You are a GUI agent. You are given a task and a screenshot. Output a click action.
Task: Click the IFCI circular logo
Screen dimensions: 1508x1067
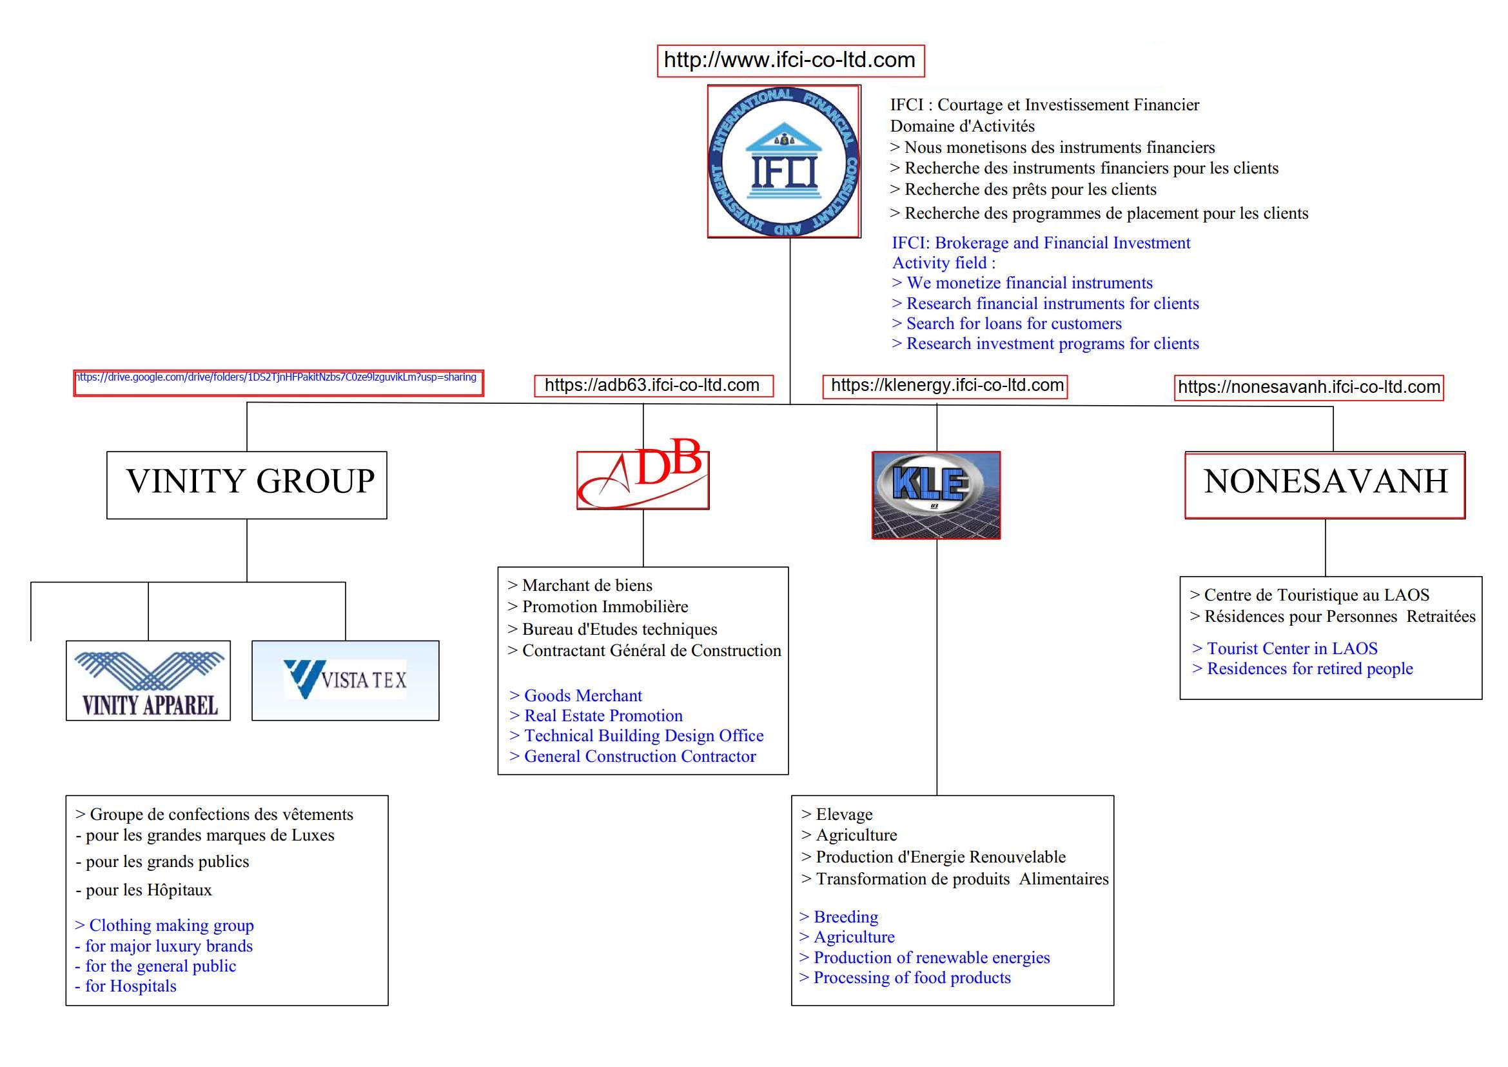click(x=783, y=162)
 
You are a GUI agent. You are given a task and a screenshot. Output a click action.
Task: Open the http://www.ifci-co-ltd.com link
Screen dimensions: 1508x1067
click(x=790, y=61)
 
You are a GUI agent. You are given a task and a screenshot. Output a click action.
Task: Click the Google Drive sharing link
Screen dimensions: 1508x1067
click(x=279, y=383)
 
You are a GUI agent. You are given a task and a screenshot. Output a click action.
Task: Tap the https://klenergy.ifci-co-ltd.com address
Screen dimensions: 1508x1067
click(x=946, y=386)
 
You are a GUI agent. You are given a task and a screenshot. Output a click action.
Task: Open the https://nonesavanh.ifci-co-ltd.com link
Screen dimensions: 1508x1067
click(x=1309, y=387)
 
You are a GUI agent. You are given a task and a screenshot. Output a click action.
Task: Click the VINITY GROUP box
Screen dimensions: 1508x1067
click(x=247, y=485)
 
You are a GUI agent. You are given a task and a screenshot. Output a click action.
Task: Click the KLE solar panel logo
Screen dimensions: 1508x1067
click(x=936, y=495)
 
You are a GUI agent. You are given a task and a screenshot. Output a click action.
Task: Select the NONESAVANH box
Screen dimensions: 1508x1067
click(x=1326, y=485)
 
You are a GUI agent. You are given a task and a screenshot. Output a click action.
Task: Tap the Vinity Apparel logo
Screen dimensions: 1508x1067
click(x=148, y=681)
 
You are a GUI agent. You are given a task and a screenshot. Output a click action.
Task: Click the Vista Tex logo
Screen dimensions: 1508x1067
click(x=346, y=681)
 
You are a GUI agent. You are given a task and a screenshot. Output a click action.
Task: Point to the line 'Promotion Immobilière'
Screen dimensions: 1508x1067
click(x=598, y=606)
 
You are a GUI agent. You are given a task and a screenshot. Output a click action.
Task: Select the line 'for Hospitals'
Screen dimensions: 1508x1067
click(x=126, y=986)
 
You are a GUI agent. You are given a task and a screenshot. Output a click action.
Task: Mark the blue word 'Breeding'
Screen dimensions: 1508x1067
click(x=846, y=917)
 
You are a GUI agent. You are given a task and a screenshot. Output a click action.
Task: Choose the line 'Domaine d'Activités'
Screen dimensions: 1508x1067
click(x=962, y=126)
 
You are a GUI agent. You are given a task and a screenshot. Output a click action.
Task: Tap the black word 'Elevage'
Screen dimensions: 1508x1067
click(x=844, y=815)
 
